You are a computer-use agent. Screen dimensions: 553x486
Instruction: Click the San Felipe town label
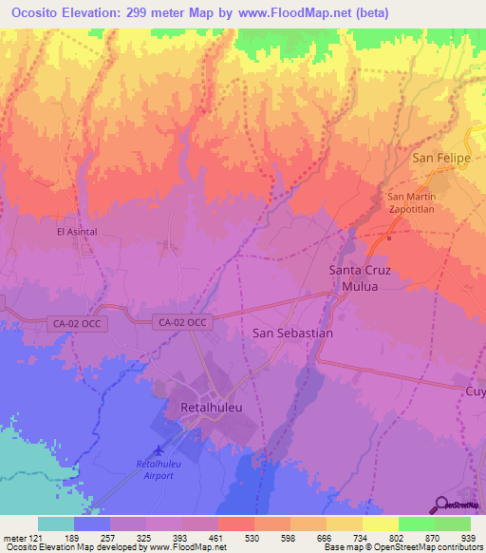(440, 158)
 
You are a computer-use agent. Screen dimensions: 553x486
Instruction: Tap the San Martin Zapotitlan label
(409, 203)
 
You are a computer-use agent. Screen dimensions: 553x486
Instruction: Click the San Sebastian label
(293, 334)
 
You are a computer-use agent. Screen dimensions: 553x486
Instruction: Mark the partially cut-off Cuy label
(474, 391)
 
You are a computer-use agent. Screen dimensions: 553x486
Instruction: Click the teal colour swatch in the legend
(56, 524)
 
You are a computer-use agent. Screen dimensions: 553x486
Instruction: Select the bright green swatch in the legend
(417, 524)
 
